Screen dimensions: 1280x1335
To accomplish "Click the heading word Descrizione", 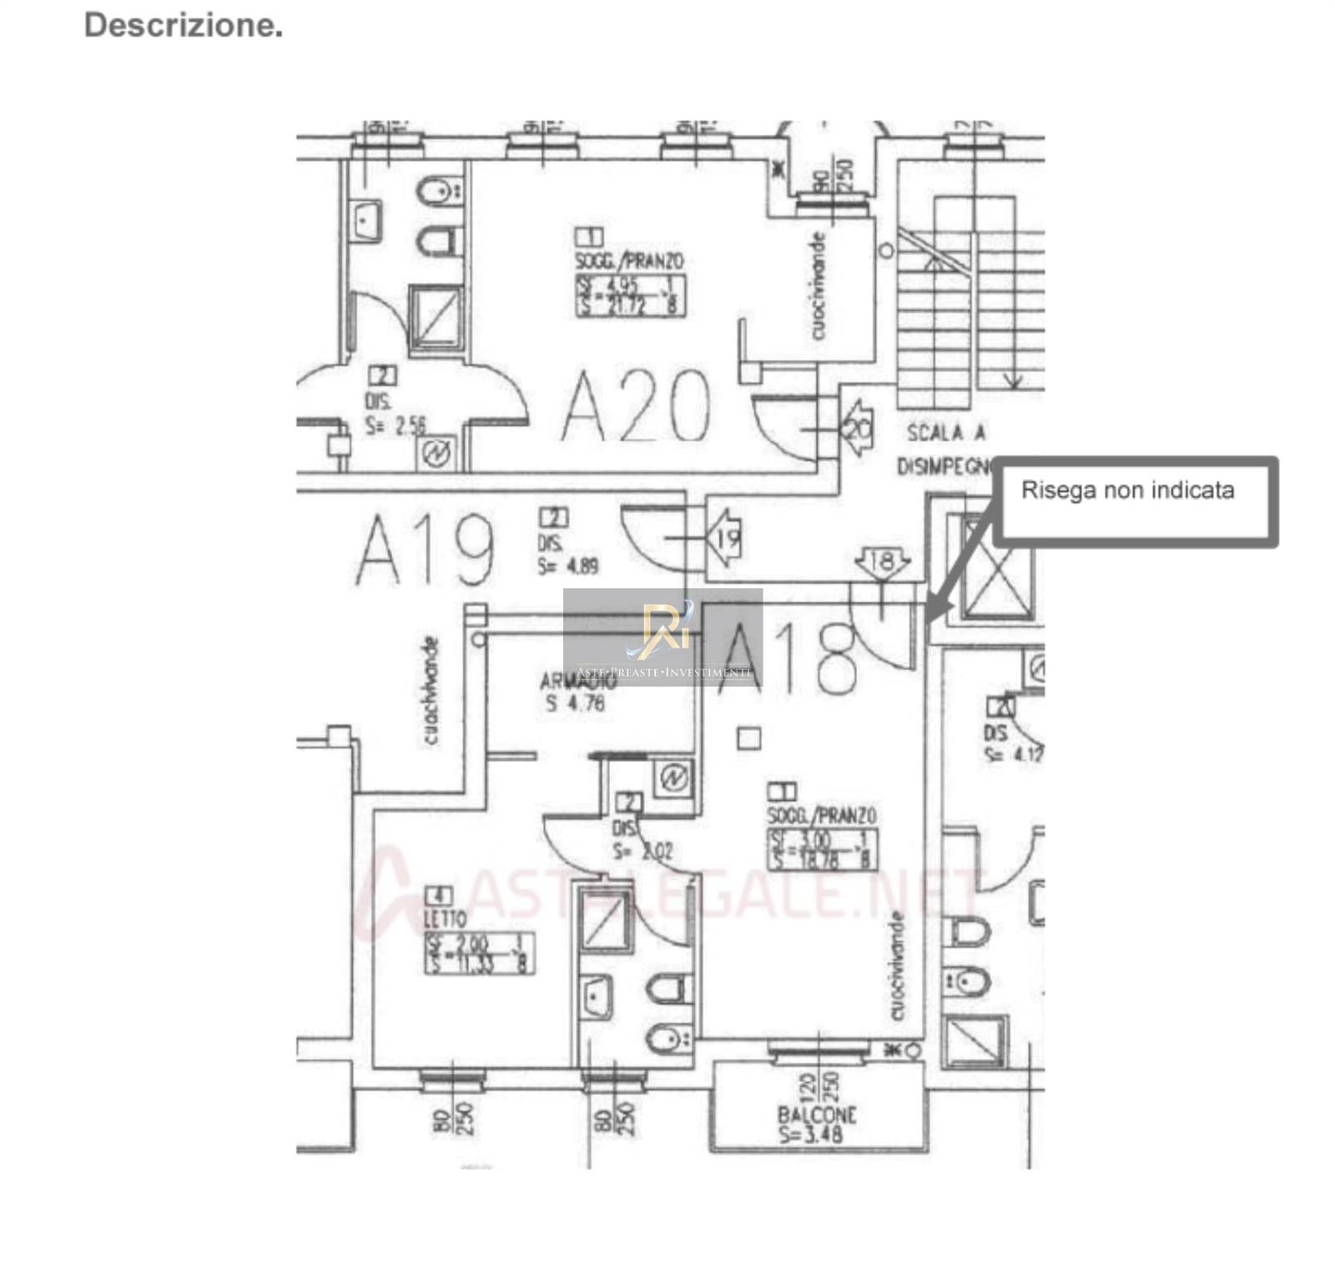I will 184,25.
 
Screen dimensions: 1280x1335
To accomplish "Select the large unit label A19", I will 426,551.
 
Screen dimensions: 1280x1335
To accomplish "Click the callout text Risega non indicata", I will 1127,490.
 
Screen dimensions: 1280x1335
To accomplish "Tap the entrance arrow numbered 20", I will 856,428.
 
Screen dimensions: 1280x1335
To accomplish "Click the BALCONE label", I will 817,1115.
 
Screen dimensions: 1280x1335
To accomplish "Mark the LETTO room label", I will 445,919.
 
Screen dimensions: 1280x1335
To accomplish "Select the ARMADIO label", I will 577,681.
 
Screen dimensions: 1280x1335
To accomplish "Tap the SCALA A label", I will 946,432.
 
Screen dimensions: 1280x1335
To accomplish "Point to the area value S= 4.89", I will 567,566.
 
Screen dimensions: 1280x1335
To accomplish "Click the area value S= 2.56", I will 395,426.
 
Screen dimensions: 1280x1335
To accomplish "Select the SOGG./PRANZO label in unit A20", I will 629,261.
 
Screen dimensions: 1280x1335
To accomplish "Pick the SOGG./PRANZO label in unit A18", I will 822,815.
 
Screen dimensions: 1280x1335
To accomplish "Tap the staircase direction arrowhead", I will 1012,381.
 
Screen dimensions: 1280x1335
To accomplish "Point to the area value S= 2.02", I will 642,852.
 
